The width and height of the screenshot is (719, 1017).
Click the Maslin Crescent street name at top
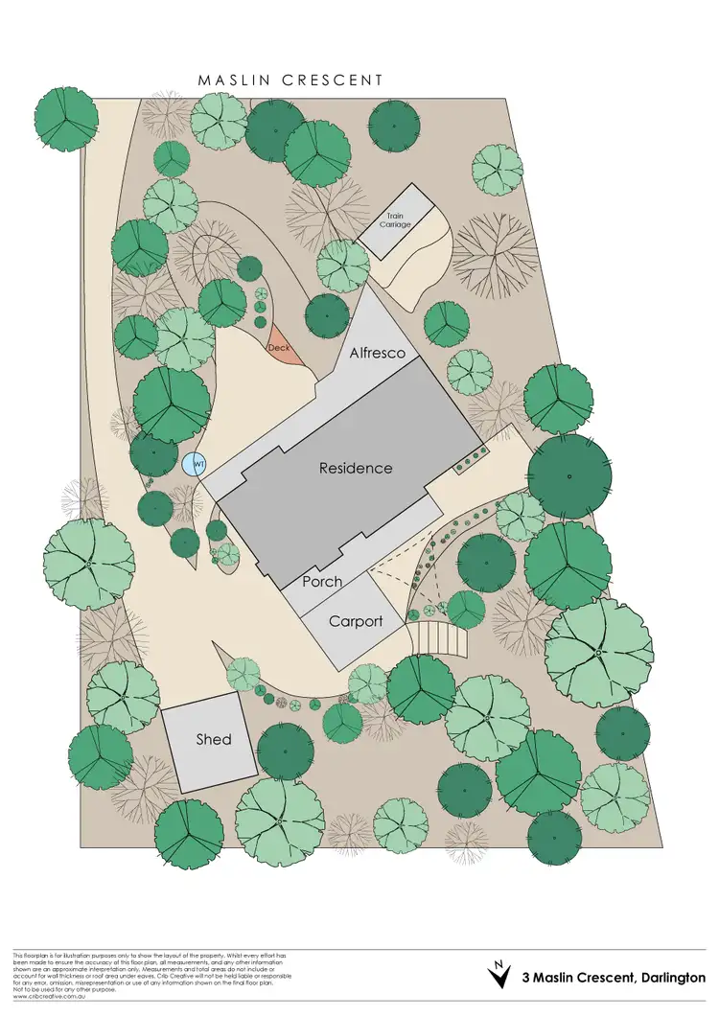click(x=290, y=81)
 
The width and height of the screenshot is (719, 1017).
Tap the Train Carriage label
click(x=398, y=220)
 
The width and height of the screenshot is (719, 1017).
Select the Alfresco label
click(x=377, y=353)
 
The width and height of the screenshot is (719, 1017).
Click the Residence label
click(x=356, y=468)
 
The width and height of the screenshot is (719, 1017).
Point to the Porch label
click(x=322, y=582)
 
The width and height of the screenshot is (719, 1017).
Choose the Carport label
click(x=356, y=621)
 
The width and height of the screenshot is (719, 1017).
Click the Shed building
click(x=212, y=739)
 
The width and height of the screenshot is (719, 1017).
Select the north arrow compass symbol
click(x=499, y=978)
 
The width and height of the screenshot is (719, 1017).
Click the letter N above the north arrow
click(x=499, y=963)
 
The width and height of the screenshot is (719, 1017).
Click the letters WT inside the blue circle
click(x=198, y=465)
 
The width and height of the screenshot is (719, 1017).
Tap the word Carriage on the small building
click(x=398, y=224)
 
